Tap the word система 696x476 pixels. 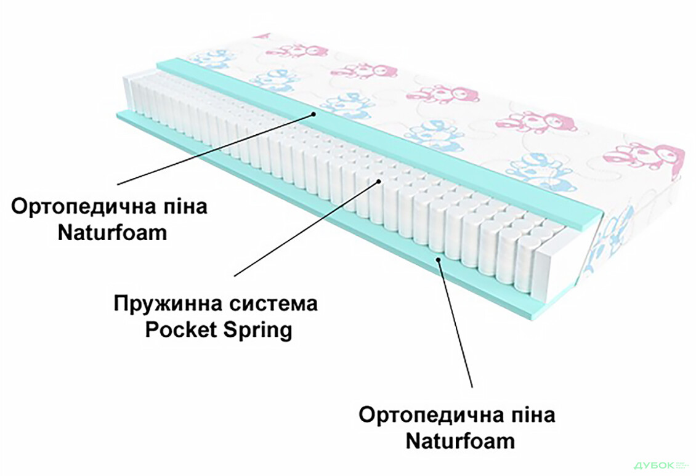(270, 304)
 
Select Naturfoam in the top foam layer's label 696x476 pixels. (112, 233)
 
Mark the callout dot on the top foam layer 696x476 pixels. (314, 113)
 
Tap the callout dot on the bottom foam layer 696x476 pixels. (438, 260)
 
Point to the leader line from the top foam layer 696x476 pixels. (216, 148)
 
